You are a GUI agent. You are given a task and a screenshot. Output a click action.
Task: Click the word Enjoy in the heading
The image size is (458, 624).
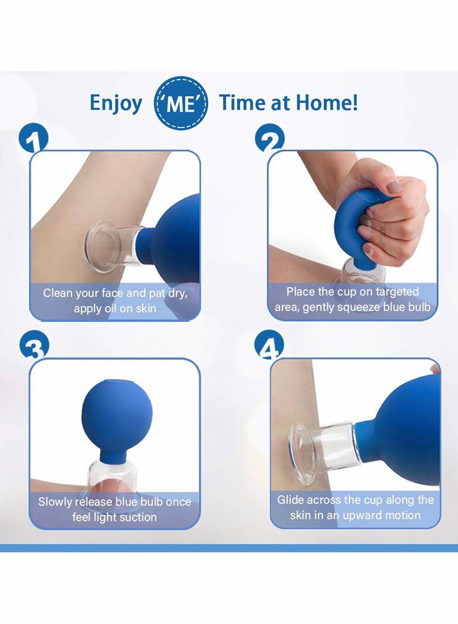click(x=116, y=103)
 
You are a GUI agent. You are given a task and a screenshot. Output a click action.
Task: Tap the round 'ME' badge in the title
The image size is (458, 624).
click(x=180, y=104)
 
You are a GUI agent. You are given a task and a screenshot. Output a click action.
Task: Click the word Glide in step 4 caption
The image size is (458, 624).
click(x=290, y=500)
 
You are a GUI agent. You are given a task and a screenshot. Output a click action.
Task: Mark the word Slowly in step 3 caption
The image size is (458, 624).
click(x=57, y=502)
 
